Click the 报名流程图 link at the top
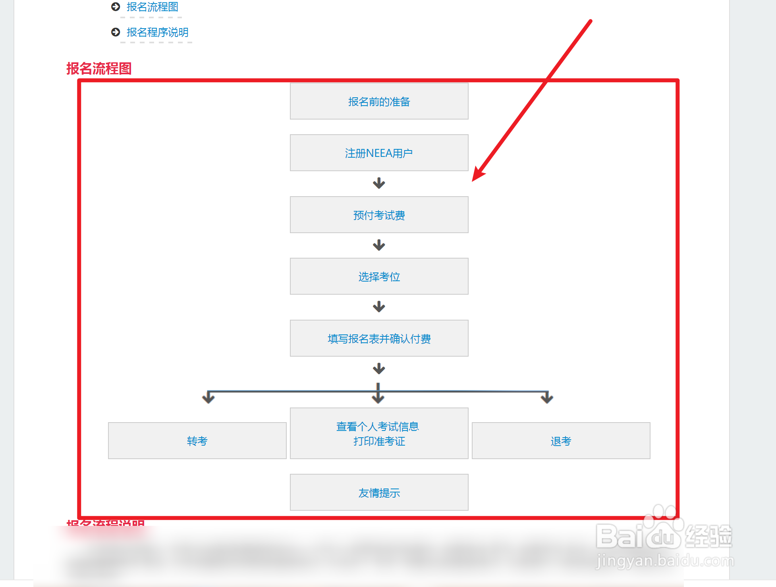pyautogui.click(x=152, y=7)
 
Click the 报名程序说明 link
pyautogui.click(x=157, y=32)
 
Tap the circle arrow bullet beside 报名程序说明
pyautogui.click(x=116, y=32)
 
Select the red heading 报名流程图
pyautogui.click(x=99, y=69)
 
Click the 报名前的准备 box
pyautogui.click(x=379, y=101)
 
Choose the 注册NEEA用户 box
pyautogui.click(x=379, y=153)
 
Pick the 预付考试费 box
pyautogui.click(x=379, y=215)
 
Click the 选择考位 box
pyautogui.click(x=379, y=276)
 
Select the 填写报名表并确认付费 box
pyautogui.click(x=379, y=338)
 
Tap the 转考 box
pyautogui.click(x=197, y=441)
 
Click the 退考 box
pyautogui.click(x=561, y=441)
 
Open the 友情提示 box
pyautogui.click(x=379, y=492)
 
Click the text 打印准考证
pyautogui.click(x=379, y=441)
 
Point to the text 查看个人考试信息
pyautogui.click(x=377, y=427)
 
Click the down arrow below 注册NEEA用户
pyautogui.click(x=379, y=183)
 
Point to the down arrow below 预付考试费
pyautogui.click(x=379, y=245)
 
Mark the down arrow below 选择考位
pyautogui.click(x=379, y=307)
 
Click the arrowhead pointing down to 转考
pyautogui.click(x=208, y=398)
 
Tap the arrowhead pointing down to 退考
pyautogui.click(x=547, y=398)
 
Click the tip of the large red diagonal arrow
pyautogui.click(x=473, y=180)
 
